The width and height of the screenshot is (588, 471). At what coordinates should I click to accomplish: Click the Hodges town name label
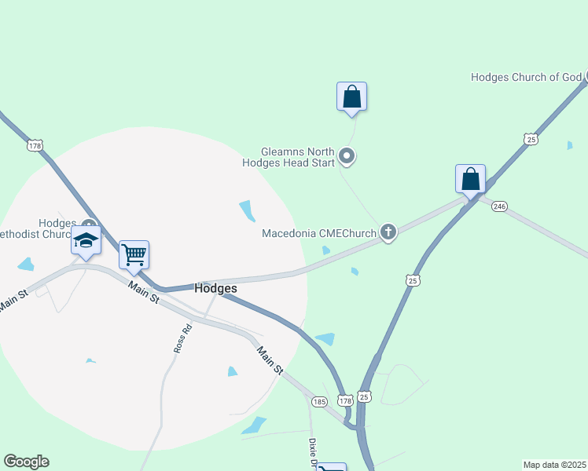[215, 288]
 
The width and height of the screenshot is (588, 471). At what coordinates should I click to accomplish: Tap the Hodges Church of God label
[526, 77]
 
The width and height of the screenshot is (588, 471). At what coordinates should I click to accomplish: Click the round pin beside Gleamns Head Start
[347, 158]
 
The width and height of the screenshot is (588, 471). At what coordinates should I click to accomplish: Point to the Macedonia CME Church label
[318, 233]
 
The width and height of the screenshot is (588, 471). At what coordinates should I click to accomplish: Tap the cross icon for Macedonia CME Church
[387, 232]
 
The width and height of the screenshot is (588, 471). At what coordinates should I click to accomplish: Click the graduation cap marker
[86, 240]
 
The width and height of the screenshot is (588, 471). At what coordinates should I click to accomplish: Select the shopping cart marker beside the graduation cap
[134, 254]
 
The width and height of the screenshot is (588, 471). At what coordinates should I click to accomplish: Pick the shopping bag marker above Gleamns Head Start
[351, 97]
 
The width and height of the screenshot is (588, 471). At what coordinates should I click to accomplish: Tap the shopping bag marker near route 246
[470, 179]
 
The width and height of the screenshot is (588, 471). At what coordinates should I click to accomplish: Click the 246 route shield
[501, 206]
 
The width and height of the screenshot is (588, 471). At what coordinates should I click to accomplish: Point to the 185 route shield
[318, 401]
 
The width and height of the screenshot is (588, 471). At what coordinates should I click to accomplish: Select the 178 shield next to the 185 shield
[345, 400]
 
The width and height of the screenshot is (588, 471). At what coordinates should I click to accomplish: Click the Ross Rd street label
[178, 338]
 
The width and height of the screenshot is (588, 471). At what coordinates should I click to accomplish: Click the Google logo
[26, 462]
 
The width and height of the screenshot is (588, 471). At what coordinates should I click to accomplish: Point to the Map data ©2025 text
[555, 465]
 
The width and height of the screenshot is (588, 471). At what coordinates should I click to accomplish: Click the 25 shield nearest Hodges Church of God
[531, 139]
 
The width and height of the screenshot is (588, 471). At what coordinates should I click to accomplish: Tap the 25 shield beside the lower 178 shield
[364, 397]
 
